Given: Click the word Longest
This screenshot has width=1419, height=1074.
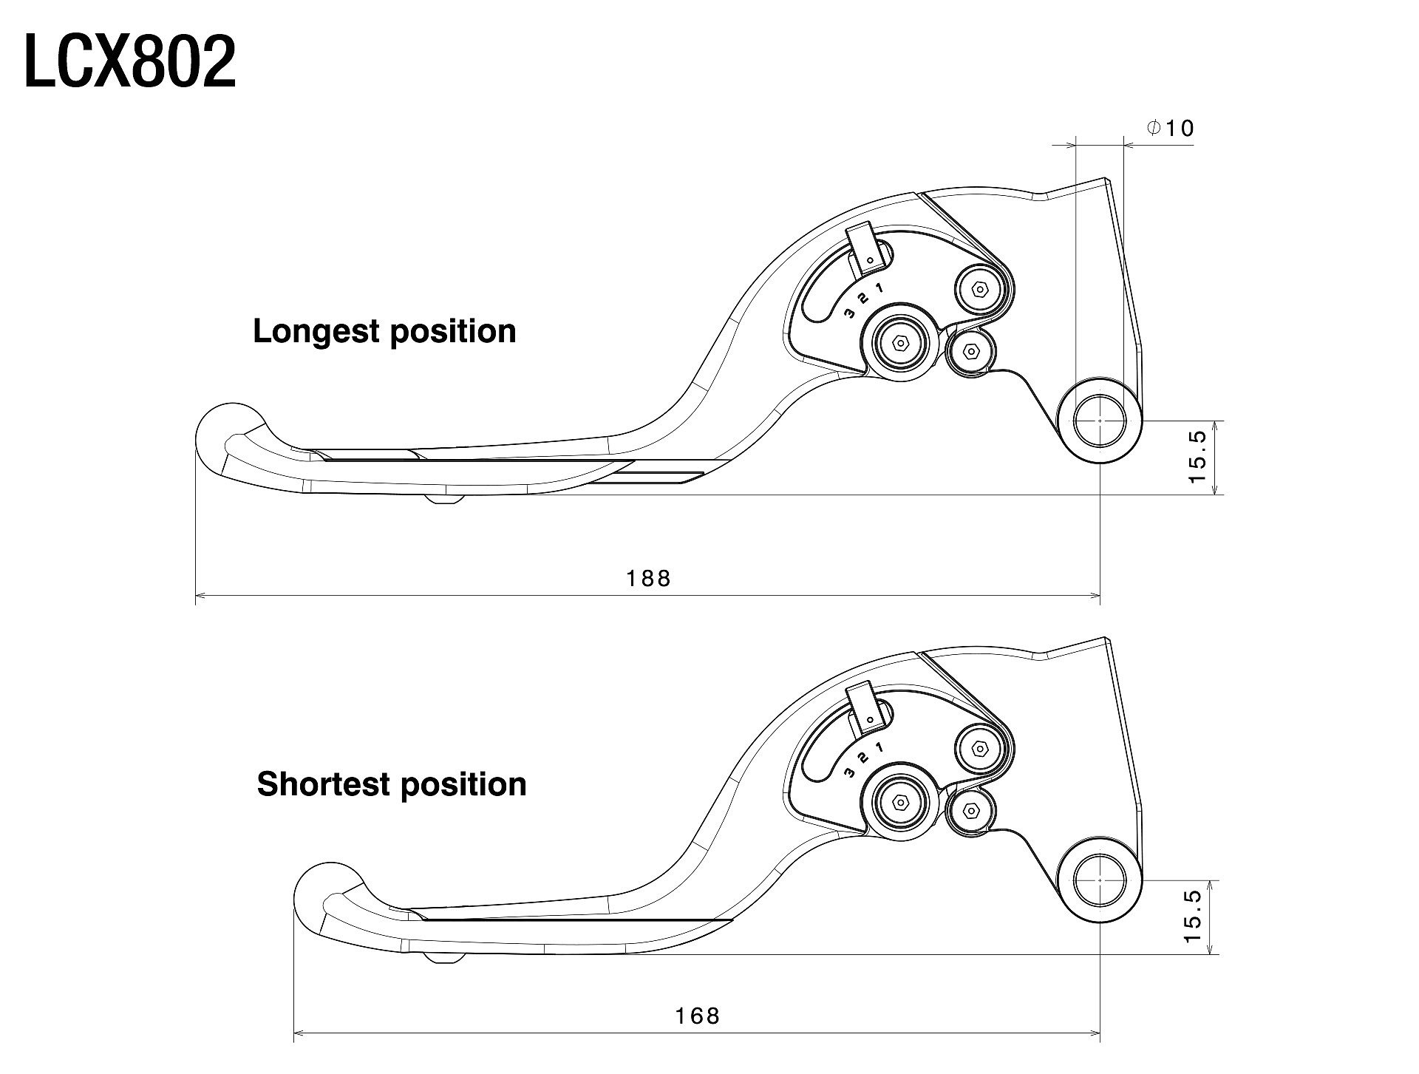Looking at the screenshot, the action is point(316,332).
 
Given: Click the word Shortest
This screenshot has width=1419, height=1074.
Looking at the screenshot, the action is point(324,784).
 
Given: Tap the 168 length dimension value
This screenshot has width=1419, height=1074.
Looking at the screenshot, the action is point(697,1016).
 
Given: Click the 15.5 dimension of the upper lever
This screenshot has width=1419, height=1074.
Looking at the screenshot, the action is point(1197,458).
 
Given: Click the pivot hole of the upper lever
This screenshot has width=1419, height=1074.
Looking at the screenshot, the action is point(1100,421).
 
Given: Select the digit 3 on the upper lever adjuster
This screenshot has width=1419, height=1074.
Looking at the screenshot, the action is point(850,313).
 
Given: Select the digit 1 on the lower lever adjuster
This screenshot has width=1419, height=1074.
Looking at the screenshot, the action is point(879,747).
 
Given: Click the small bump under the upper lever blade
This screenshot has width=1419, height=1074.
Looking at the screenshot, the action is point(444,500).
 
